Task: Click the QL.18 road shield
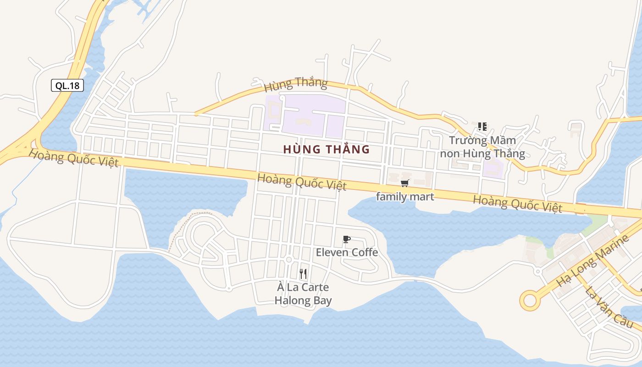(67, 85)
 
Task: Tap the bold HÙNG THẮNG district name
(327, 150)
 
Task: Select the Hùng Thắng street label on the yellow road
(296, 84)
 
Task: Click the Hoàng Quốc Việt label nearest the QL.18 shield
(73, 158)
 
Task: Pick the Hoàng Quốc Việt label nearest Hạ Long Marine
(518, 203)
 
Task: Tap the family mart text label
(405, 197)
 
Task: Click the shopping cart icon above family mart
(404, 183)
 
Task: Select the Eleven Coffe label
(347, 252)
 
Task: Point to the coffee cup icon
(347, 239)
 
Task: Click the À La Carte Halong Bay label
(303, 294)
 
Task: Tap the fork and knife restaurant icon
(303, 274)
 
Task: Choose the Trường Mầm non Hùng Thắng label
(482, 147)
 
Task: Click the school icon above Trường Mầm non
(482, 126)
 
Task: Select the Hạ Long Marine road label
(592, 260)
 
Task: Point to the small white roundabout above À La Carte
(288, 260)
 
